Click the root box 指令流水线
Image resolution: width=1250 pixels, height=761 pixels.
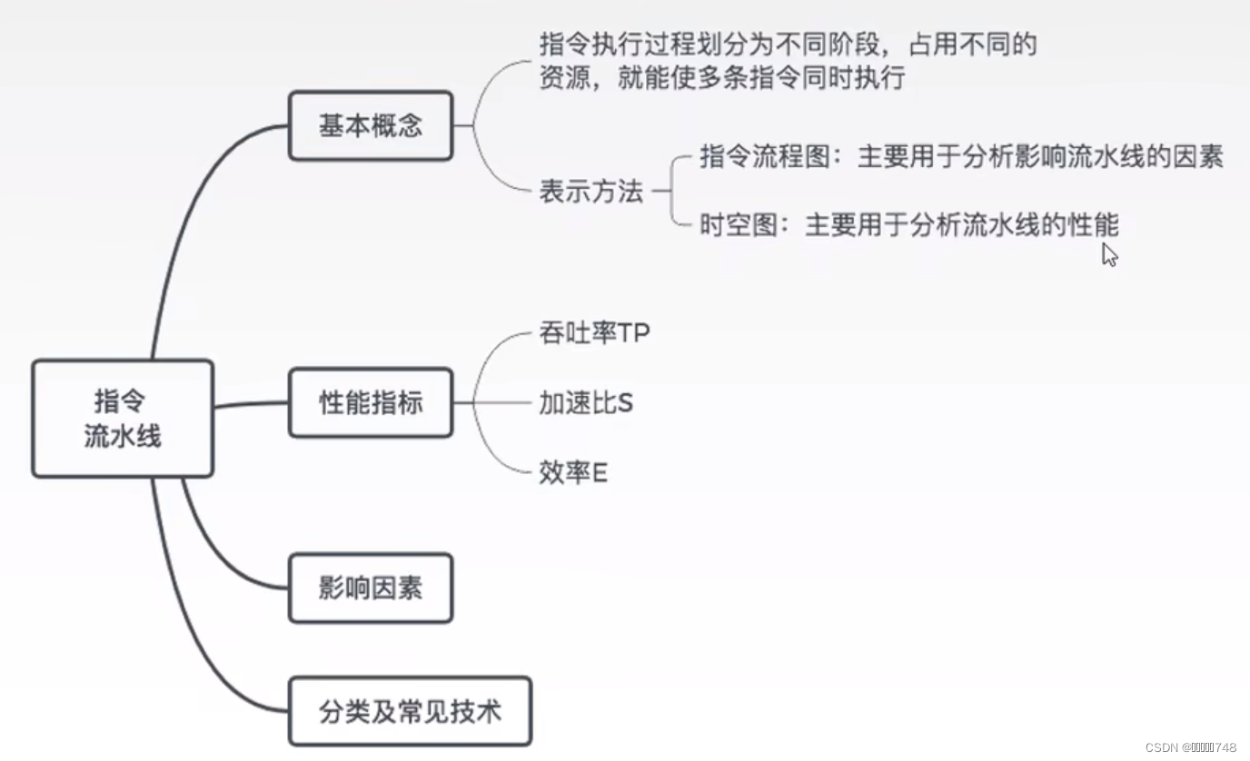tap(123, 419)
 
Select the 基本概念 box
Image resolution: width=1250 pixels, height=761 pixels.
tap(371, 125)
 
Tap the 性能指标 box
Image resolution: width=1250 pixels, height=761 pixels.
tap(371, 402)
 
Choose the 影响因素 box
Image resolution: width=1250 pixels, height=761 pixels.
tap(371, 588)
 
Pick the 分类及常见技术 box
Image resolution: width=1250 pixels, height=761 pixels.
tap(410, 711)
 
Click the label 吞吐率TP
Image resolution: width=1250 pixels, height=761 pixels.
tap(594, 334)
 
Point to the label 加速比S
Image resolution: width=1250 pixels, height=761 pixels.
tap(586, 403)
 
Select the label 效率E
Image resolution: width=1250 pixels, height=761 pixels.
tap(573, 472)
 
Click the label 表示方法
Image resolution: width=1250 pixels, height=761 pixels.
tap(591, 192)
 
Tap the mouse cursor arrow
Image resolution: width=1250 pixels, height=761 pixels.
tap(1109, 254)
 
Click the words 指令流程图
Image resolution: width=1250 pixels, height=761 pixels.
tap(764, 157)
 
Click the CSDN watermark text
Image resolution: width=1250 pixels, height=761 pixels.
tap(1190, 747)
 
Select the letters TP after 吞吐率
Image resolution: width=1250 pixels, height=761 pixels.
tap(634, 334)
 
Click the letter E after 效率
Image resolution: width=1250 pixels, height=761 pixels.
tap(600, 472)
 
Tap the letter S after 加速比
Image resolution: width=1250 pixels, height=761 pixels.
tap(624, 403)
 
